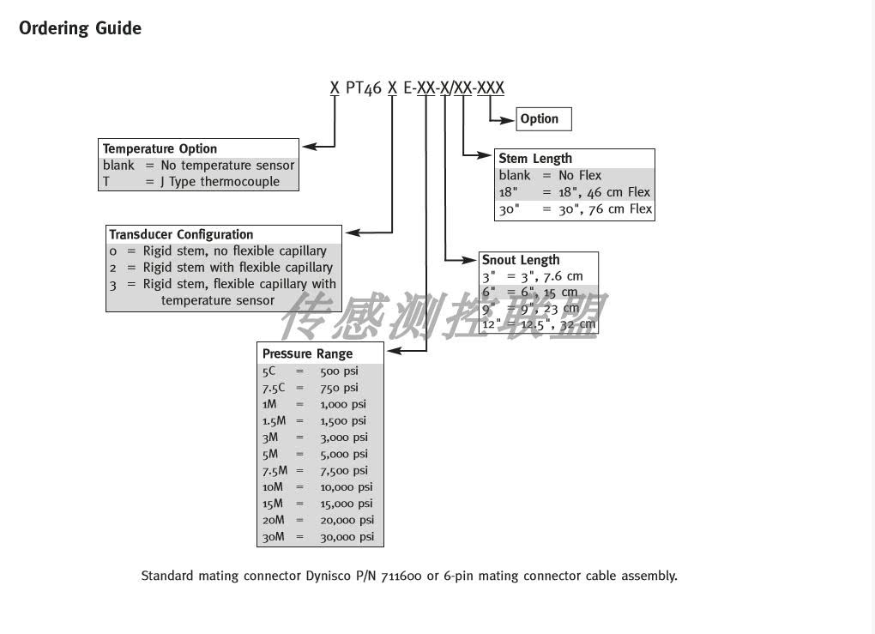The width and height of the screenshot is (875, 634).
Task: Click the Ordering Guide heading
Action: click(80, 28)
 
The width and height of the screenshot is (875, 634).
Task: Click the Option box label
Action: click(539, 119)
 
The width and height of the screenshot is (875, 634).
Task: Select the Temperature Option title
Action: click(160, 148)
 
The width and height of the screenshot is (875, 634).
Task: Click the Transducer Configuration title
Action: click(181, 234)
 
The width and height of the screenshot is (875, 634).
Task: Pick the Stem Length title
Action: click(534, 159)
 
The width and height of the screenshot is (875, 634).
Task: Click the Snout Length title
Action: click(520, 260)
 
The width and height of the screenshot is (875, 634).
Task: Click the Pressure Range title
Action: click(307, 353)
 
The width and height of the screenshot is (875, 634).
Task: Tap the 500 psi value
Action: click(339, 371)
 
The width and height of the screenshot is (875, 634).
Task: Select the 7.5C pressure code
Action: click(274, 388)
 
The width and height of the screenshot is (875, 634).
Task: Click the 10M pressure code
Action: click(273, 487)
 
